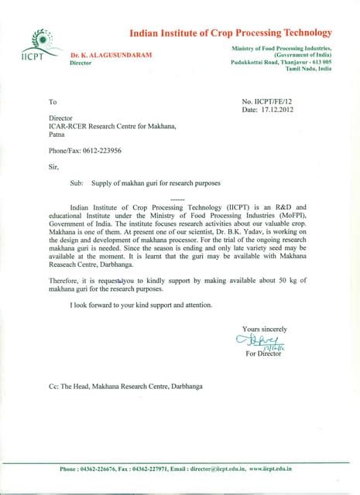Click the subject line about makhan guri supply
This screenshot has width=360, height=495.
pos(145,183)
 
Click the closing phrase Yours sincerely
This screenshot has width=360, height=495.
pos(264,329)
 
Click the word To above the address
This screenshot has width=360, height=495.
pos(53,102)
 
